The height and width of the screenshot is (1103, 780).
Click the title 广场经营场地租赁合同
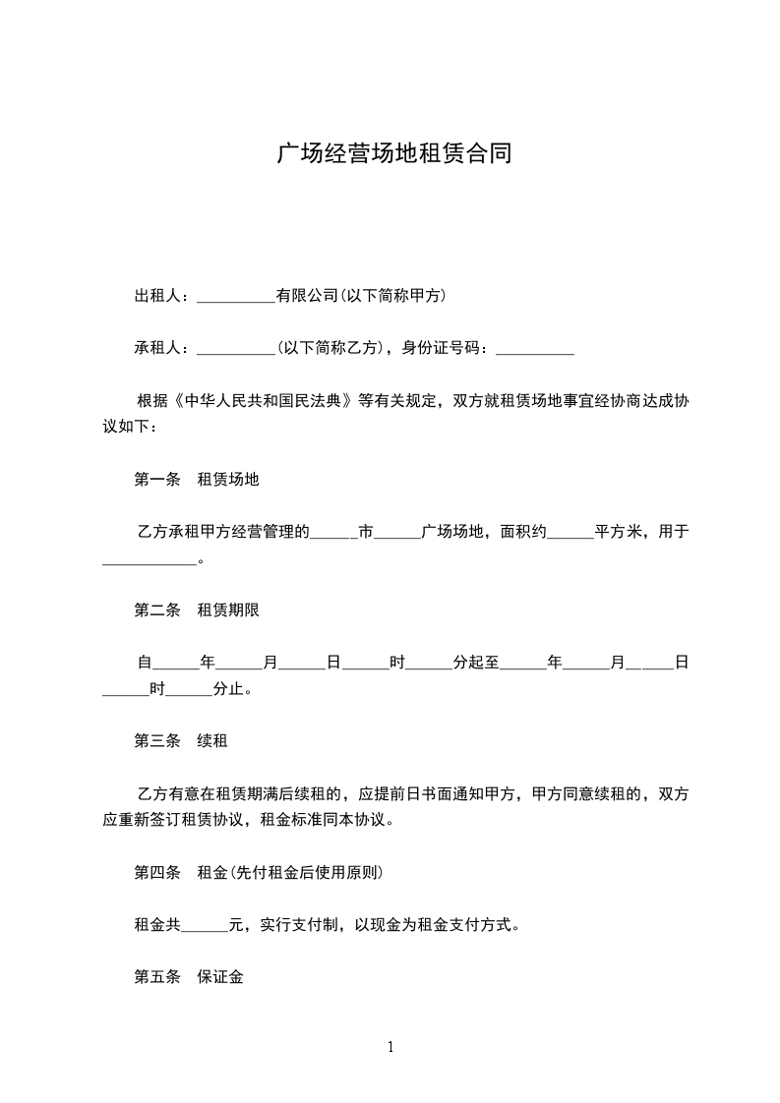[x=393, y=154]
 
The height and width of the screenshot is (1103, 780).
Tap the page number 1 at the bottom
[x=390, y=1047]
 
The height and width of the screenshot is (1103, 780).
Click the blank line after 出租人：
[x=236, y=296]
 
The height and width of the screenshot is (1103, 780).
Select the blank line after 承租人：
[x=236, y=348]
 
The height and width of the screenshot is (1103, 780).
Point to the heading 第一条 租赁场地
[x=197, y=480]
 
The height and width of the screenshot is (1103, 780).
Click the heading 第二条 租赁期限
[x=197, y=610]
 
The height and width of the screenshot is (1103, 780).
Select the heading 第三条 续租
[x=181, y=741]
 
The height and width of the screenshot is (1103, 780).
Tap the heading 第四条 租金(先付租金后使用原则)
[x=259, y=872]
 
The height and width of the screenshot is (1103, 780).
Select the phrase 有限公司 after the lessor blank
[x=307, y=296]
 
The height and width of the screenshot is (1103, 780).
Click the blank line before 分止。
[x=189, y=690]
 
